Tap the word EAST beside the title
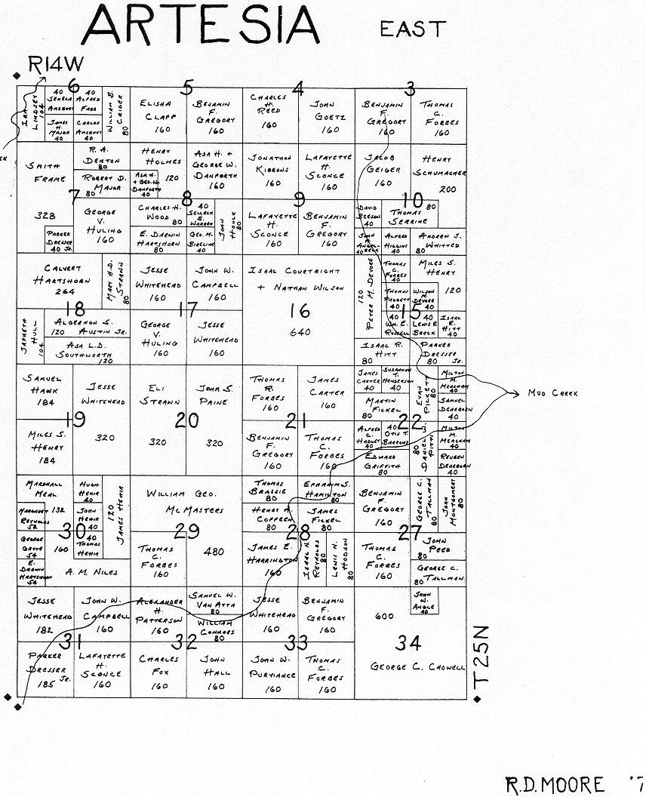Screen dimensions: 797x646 pyautogui.click(x=412, y=29)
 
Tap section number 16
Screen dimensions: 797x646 pyautogui.click(x=299, y=310)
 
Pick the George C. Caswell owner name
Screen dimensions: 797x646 pyautogui.click(x=417, y=667)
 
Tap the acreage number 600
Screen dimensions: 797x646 pyautogui.click(x=384, y=617)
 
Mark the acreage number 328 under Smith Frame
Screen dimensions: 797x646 pyautogui.click(x=45, y=216)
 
